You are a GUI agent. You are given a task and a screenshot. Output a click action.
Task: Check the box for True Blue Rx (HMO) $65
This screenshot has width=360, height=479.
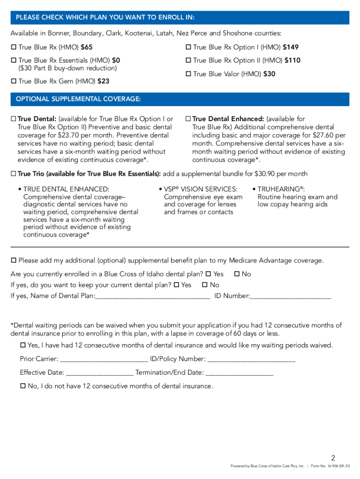(x=14, y=47)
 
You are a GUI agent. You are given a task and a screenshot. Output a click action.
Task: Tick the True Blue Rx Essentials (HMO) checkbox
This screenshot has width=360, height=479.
(x=14, y=60)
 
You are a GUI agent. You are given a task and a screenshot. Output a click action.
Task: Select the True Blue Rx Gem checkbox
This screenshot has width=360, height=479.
(x=14, y=81)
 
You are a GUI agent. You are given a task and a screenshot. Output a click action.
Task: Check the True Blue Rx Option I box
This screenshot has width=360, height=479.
(x=188, y=47)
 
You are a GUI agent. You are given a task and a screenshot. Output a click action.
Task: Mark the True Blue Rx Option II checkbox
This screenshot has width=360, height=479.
(x=188, y=60)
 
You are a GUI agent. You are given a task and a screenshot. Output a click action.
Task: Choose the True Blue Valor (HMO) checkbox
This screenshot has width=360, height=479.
(x=188, y=74)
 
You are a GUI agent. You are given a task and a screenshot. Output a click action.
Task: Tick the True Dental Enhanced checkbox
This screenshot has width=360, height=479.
(x=188, y=119)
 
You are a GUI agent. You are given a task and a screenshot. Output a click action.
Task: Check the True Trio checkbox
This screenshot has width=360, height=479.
(x=14, y=174)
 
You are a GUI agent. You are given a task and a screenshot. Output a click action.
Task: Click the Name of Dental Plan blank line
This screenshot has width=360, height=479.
(x=152, y=296)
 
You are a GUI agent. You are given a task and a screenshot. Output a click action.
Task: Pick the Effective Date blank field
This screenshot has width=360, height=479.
(x=100, y=372)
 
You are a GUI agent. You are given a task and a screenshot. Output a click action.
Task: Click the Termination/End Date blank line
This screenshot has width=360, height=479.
(x=239, y=372)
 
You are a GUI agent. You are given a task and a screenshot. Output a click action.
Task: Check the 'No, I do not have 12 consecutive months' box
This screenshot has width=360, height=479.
(x=23, y=386)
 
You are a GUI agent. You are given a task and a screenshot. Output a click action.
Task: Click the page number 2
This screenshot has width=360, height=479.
(x=333, y=457)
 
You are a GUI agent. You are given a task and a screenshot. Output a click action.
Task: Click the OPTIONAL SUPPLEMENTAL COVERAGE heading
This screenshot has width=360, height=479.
(x=78, y=99)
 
